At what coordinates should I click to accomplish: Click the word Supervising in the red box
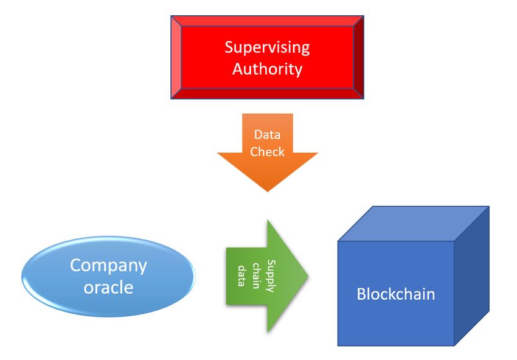point(267,48)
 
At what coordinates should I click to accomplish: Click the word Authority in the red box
point(268,69)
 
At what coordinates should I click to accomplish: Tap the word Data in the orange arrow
point(267,134)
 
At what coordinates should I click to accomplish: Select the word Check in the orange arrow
point(267,151)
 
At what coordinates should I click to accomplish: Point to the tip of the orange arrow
point(268,192)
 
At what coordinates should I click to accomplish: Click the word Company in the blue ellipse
point(108,266)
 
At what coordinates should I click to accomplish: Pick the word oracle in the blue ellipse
point(108,287)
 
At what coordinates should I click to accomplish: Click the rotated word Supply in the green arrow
point(271,276)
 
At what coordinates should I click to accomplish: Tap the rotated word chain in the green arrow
point(256,275)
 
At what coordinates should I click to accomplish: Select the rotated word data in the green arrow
point(242,275)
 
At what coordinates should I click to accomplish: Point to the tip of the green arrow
point(308,276)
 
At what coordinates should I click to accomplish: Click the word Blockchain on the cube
point(396,294)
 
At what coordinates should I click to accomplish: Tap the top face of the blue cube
point(414,224)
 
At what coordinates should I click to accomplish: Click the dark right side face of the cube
point(472,275)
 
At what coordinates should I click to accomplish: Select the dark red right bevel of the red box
point(359,57)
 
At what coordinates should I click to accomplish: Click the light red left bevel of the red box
point(176,57)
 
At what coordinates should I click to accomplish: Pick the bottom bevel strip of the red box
point(268,94)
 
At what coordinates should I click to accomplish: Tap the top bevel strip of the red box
point(268,21)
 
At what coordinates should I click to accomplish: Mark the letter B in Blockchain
point(361,294)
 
